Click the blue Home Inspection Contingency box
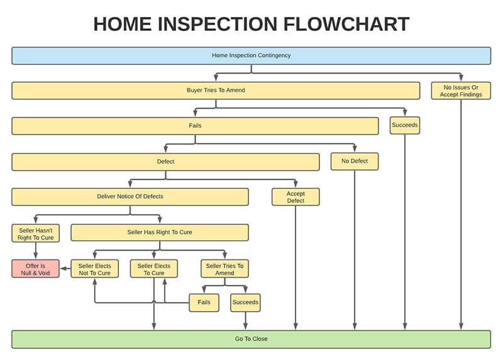251,55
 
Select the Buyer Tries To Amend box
216,90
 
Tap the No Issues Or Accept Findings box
461,90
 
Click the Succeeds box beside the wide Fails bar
404,126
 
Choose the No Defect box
355,161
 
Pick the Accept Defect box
296,197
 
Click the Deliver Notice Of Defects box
130,197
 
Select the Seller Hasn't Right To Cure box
36,232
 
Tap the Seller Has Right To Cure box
159,232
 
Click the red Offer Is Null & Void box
36,269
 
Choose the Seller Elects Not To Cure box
94,269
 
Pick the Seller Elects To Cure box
153,269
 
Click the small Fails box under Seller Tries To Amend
204,303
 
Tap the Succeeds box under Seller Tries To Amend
245,303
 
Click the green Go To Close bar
251,339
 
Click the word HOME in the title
122,24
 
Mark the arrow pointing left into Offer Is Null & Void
65,269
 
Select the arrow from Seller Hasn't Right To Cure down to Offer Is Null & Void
36,251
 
